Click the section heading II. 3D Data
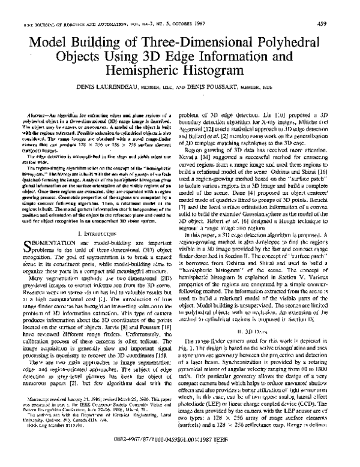(260, 347)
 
